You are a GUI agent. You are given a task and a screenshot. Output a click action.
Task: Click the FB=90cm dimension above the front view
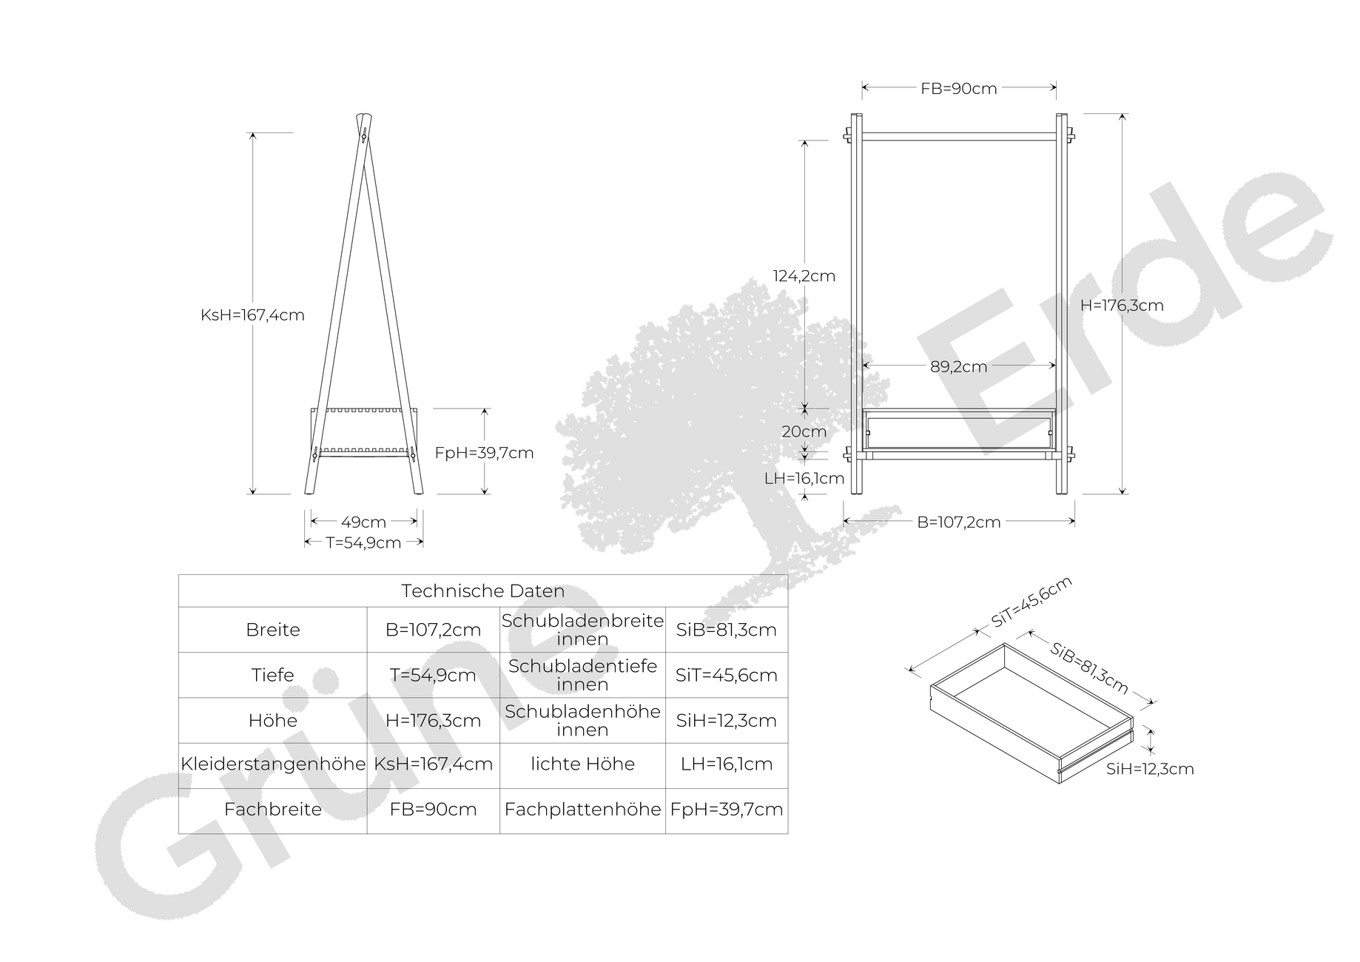click(x=959, y=89)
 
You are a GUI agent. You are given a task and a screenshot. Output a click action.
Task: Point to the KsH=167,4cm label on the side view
click(x=252, y=315)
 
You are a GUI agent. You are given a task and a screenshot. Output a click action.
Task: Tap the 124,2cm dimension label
click(x=804, y=276)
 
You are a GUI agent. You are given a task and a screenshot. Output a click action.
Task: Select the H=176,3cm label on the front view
click(x=1122, y=306)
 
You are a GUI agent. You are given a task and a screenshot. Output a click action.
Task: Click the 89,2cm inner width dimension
click(x=959, y=366)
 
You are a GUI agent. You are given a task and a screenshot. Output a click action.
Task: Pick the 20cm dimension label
click(x=804, y=431)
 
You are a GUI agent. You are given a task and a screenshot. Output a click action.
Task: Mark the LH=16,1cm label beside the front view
click(x=804, y=479)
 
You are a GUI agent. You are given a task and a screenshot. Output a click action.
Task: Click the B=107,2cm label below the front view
click(x=959, y=522)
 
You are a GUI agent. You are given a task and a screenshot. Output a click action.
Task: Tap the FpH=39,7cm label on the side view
click(x=484, y=453)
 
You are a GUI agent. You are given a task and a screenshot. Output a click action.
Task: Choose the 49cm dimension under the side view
click(x=363, y=522)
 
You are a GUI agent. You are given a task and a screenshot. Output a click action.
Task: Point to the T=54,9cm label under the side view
click(x=363, y=543)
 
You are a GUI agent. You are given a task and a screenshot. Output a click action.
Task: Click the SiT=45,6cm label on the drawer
click(x=1031, y=602)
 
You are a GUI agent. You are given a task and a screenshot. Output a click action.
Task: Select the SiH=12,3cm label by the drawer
click(x=1150, y=769)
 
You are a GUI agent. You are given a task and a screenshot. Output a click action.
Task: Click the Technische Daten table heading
click(x=483, y=591)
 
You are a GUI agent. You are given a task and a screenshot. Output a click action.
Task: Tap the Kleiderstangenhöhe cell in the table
click(x=273, y=764)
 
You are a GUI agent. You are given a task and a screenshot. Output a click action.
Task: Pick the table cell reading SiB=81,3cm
click(x=727, y=630)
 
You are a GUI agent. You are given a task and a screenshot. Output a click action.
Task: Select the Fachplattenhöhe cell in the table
click(x=583, y=810)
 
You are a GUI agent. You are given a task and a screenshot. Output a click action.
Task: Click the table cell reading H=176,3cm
click(x=434, y=721)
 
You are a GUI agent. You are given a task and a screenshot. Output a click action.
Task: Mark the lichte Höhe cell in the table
click(x=583, y=764)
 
